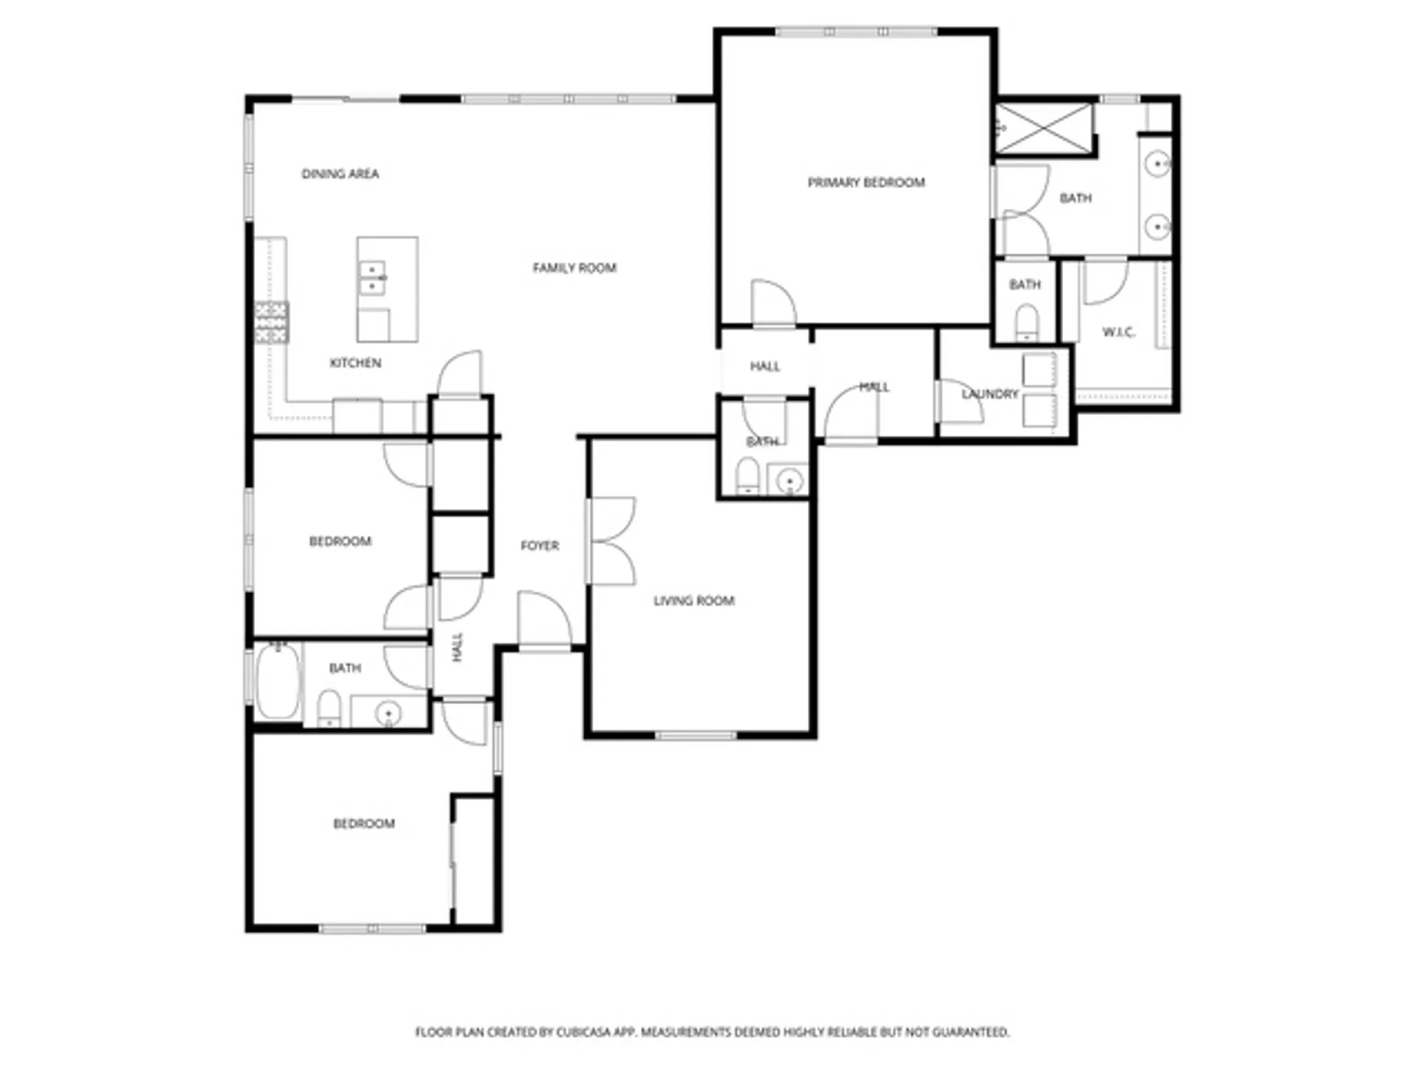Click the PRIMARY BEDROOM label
pos(866,183)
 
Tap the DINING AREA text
pos(340,174)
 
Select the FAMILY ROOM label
pos(574,268)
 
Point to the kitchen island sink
pos(372,278)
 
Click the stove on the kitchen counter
pos(271,323)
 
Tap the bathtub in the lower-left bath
pos(279,681)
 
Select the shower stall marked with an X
pos(1043,128)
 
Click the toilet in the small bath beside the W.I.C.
pos(1026,323)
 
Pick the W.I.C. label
pos(1119,333)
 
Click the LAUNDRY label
pos(990,394)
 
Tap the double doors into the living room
pos(611,542)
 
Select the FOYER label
pos(539,545)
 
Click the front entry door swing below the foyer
pos(544,621)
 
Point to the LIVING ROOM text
pos(693,601)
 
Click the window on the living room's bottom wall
pos(695,735)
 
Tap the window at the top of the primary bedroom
pos(855,31)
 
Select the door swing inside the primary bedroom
pos(773,303)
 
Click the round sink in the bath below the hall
pos(789,481)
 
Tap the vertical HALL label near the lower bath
pos(457,646)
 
